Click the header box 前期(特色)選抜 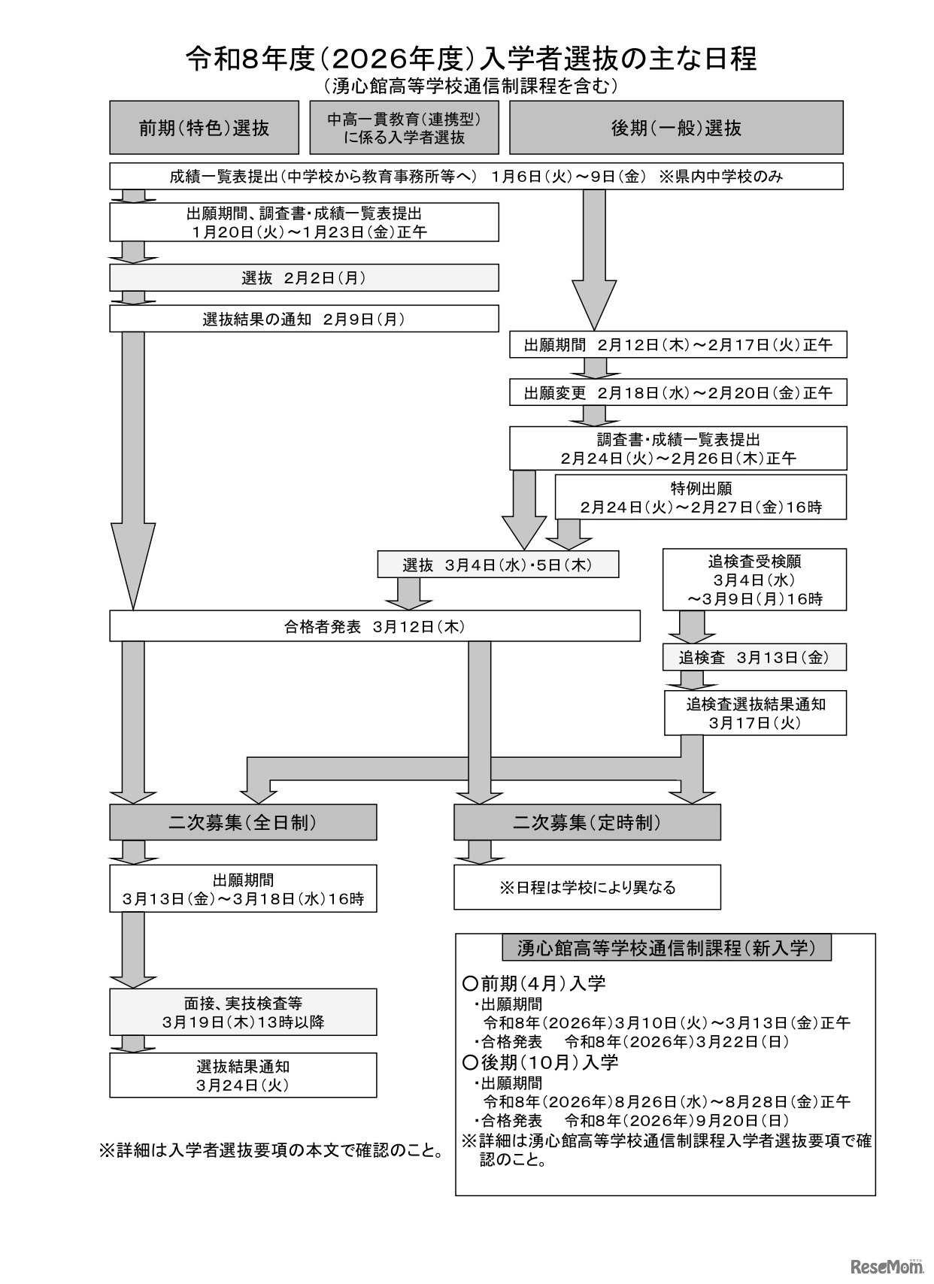coord(205,128)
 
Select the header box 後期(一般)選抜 coord(676,128)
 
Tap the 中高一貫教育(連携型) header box coord(404,128)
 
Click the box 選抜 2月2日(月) coord(304,278)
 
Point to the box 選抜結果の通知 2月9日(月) coord(304,319)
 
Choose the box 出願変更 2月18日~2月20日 coord(678,392)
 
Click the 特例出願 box coord(701,497)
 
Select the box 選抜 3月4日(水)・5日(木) coord(498,565)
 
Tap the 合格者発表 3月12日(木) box coord(375,625)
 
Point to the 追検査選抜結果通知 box coord(755,713)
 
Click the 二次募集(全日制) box coord(243,822)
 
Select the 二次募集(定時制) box coord(587,822)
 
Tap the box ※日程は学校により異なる coord(587,887)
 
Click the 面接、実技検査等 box coord(243,1012)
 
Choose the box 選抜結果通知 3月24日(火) coord(243,1075)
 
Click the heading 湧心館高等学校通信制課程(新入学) coord(666,948)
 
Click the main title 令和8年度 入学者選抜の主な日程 coord(471,58)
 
